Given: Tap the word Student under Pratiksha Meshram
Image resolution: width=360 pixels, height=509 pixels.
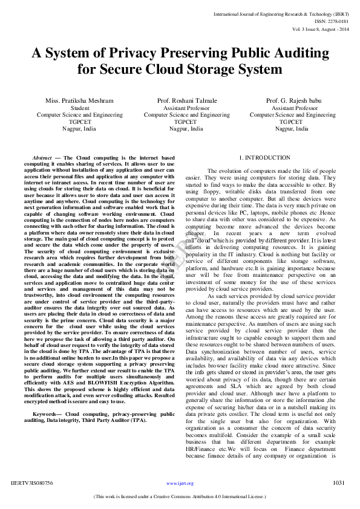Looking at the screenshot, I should pyautogui.click(x=71, y=108).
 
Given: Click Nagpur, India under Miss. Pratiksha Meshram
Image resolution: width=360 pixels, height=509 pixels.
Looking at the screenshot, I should pyautogui.click(x=71, y=129).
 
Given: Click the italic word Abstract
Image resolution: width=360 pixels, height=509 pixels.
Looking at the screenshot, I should pyautogui.click(x=42, y=158).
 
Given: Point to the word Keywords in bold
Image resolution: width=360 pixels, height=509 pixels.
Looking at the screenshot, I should pyautogui.click(x=45, y=414).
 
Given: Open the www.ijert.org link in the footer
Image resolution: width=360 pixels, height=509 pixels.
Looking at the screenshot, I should pyautogui.click(x=180, y=484).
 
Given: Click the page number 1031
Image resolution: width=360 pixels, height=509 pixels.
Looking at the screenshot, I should pyautogui.click(x=339, y=482).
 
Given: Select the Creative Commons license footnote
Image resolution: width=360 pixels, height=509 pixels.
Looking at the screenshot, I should pyautogui.click(x=180, y=496).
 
